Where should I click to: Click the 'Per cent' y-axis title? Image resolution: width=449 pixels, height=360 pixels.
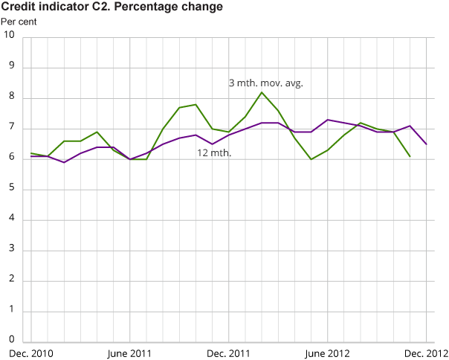pyautogui.click(x=18, y=21)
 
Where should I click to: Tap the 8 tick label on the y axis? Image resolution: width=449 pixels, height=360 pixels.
pyautogui.click(x=10, y=98)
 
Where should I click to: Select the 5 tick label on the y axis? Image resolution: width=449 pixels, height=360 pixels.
pyautogui.click(x=10, y=190)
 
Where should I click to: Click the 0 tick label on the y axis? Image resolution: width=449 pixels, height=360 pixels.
pyautogui.click(x=10, y=342)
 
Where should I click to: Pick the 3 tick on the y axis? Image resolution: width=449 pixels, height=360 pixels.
pyautogui.click(x=10, y=251)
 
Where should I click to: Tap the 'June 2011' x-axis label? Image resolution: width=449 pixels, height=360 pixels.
pyautogui.click(x=131, y=353)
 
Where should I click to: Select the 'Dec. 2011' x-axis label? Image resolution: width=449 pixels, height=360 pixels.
pyautogui.click(x=230, y=353)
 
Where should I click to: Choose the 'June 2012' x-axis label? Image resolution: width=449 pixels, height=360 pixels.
pyautogui.click(x=328, y=353)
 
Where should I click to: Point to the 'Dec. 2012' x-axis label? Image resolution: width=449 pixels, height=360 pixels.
pyautogui.click(x=425, y=353)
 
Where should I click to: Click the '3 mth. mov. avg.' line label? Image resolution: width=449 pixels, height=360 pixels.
pyautogui.click(x=265, y=83)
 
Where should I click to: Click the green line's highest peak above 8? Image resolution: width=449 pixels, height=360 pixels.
pyautogui.click(x=262, y=92)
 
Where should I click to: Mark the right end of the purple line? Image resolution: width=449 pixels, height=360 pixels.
pyautogui.click(x=426, y=144)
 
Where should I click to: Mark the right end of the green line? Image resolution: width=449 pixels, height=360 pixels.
pyautogui.click(x=410, y=156)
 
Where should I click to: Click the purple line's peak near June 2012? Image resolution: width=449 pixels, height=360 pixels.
pyautogui.click(x=328, y=120)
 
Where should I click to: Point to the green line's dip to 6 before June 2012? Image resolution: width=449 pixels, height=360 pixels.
pyautogui.click(x=311, y=159)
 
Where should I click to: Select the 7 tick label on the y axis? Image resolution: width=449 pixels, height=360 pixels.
pyautogui.click(x=10, y=129)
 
